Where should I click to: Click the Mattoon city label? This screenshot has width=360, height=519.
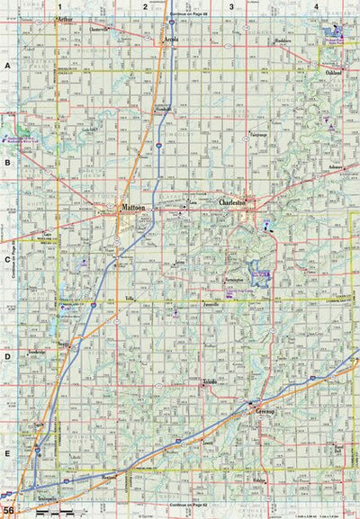pos(133,208)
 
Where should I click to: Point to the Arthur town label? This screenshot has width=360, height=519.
pos(65,18)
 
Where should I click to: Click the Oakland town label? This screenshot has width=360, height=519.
pos(334,72)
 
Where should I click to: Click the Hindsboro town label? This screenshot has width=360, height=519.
pos(258,40)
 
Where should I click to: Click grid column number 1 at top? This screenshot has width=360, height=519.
pos(60,6)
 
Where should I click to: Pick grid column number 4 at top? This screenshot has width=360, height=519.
pos(316,6)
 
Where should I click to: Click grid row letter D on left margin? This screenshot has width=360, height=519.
pos(7,355)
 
